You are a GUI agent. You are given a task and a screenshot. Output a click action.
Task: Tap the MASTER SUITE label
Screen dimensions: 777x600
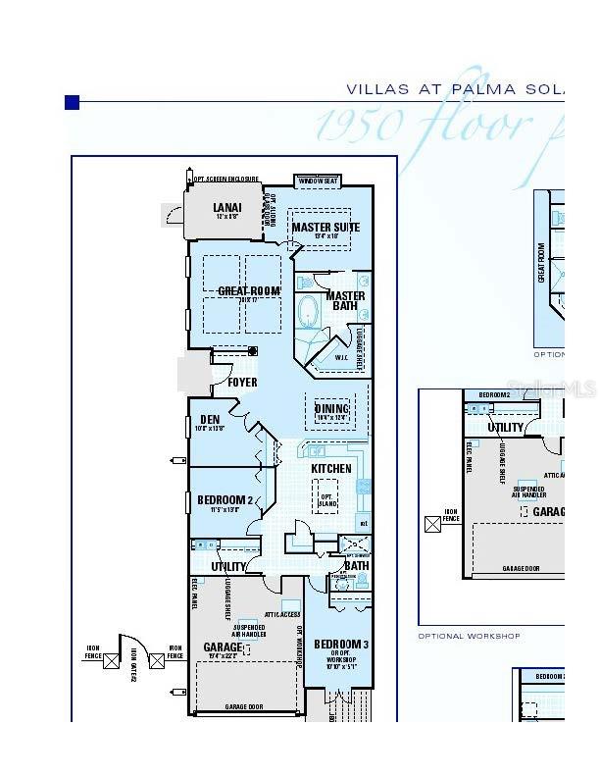tap(325, 228)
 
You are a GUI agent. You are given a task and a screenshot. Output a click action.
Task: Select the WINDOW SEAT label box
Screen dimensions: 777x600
tap(319, 181)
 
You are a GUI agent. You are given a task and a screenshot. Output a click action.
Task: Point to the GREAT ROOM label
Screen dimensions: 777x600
tap(248, 291)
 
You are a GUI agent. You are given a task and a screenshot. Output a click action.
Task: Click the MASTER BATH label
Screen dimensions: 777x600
tap(345, 301)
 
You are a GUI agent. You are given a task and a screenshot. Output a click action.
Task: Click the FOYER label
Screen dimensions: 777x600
tap(242, 383)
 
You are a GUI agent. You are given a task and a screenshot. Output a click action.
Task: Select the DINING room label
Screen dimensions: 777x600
tap(332, 409)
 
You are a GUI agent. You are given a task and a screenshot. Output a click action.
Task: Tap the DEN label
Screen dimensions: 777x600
tap(210, 420)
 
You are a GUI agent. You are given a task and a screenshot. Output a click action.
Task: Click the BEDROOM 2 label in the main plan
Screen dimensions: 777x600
tap(225, 500)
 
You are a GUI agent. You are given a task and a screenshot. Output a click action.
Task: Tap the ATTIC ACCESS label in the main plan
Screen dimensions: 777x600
tap(282, 614)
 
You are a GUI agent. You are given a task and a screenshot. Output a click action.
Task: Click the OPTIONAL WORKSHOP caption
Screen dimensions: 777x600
tap(470, 636)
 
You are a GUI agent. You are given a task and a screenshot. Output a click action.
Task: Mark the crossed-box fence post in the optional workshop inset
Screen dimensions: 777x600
tap(432, 525)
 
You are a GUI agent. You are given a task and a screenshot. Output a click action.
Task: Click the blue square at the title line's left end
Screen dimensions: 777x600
tap(72, 102)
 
